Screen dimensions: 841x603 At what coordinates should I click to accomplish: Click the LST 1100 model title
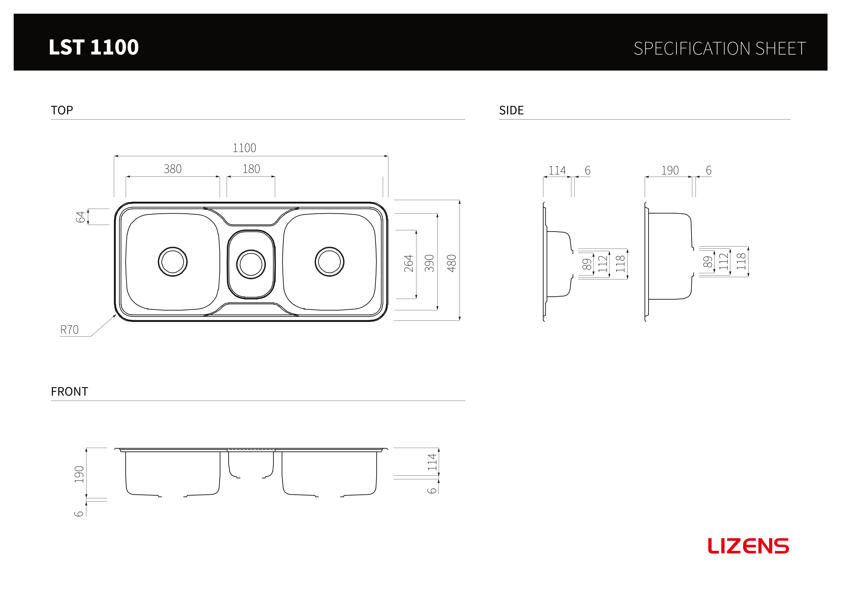tap(93, 47)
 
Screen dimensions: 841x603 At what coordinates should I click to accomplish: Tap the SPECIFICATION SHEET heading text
tap(720, 49)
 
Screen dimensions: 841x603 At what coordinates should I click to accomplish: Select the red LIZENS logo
tap(748, 546)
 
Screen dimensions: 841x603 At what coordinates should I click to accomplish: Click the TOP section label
tap(62, 110)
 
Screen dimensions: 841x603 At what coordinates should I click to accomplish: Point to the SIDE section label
tap(511, 110)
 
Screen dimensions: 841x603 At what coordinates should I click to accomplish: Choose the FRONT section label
tap(69, 392)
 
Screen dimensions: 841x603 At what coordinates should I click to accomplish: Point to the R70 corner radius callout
tap(69, 330)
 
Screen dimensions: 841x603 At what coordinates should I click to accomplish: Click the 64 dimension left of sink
tap(80, 217)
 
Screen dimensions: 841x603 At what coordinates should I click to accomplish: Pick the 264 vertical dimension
tap(408, 263)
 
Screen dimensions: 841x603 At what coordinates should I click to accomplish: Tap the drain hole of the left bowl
tap(173, 262)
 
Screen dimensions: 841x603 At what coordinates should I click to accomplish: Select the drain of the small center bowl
tap(251, 264)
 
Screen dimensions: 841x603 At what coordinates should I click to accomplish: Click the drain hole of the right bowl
tap(330, 262)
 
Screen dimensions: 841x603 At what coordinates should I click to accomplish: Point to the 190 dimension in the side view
tap(670, 170)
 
